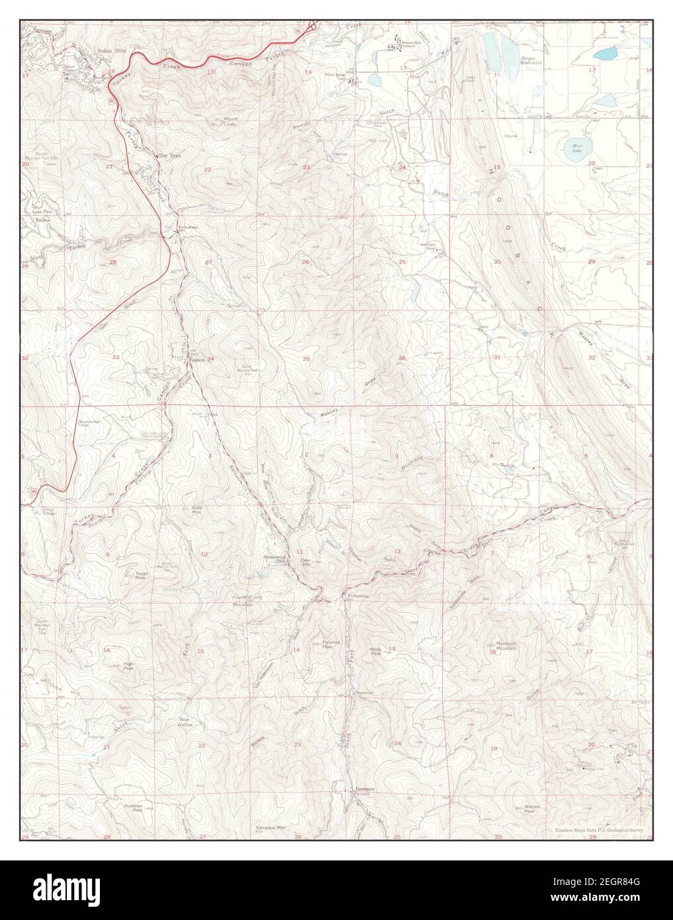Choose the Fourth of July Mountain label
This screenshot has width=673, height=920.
(x=243, y=601)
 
